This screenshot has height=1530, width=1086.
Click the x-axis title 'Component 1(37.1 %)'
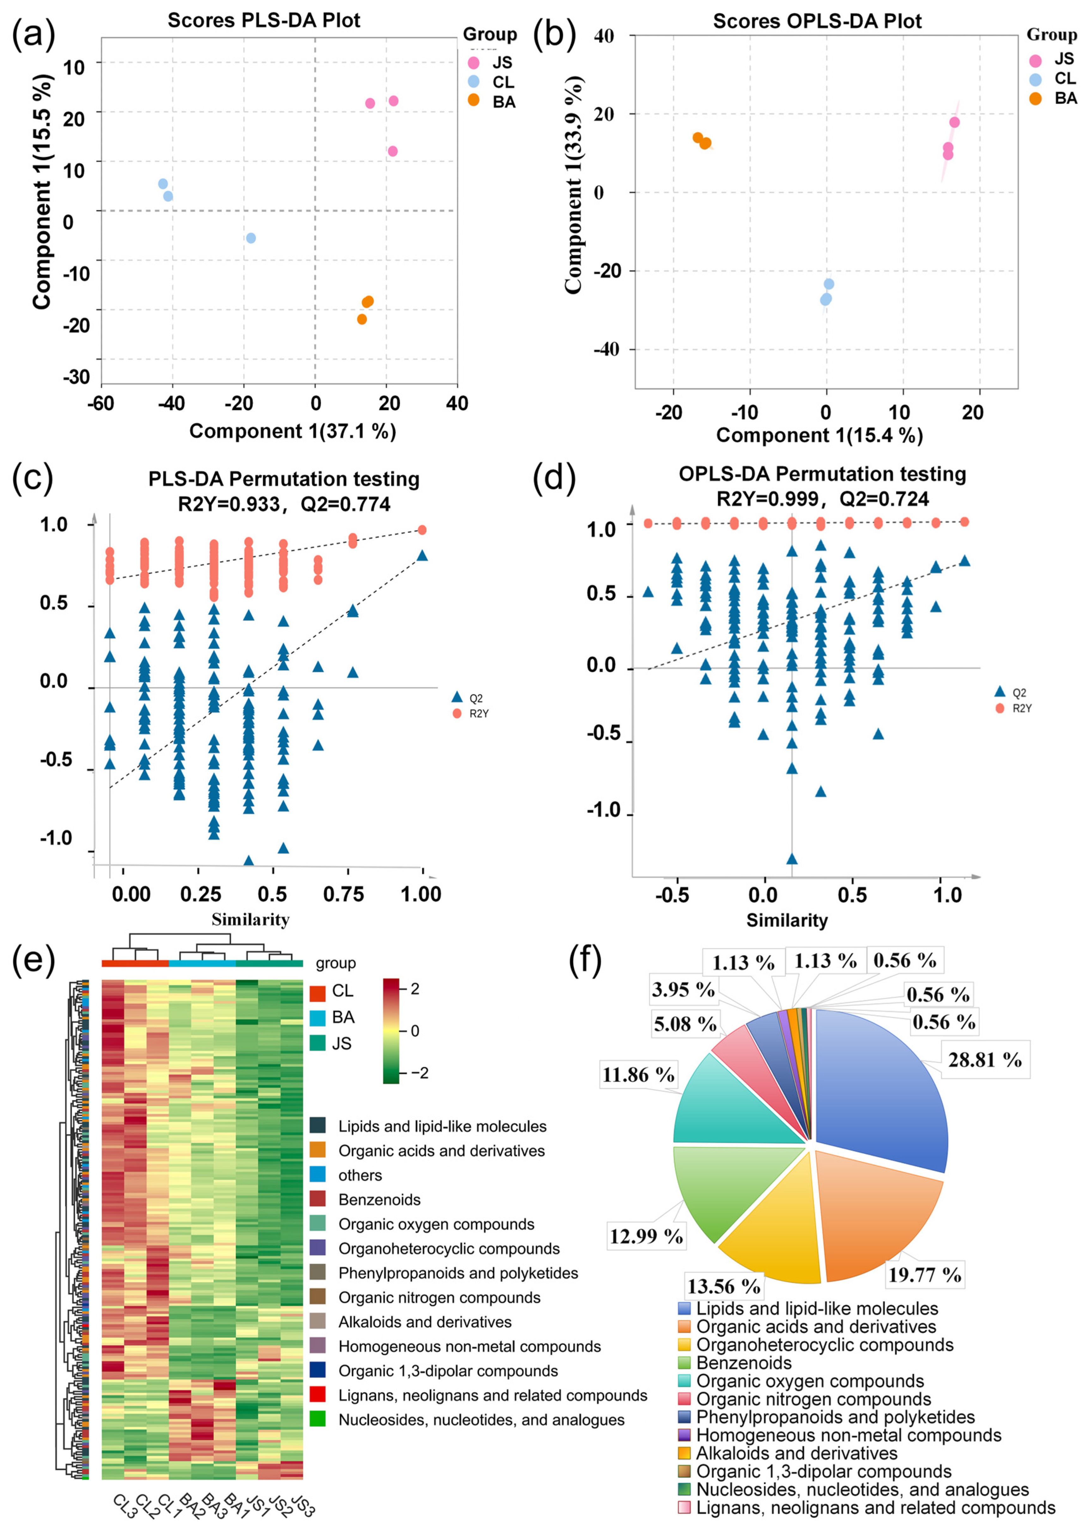[292, 431]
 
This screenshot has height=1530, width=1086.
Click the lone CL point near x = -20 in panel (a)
[251, 238]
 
